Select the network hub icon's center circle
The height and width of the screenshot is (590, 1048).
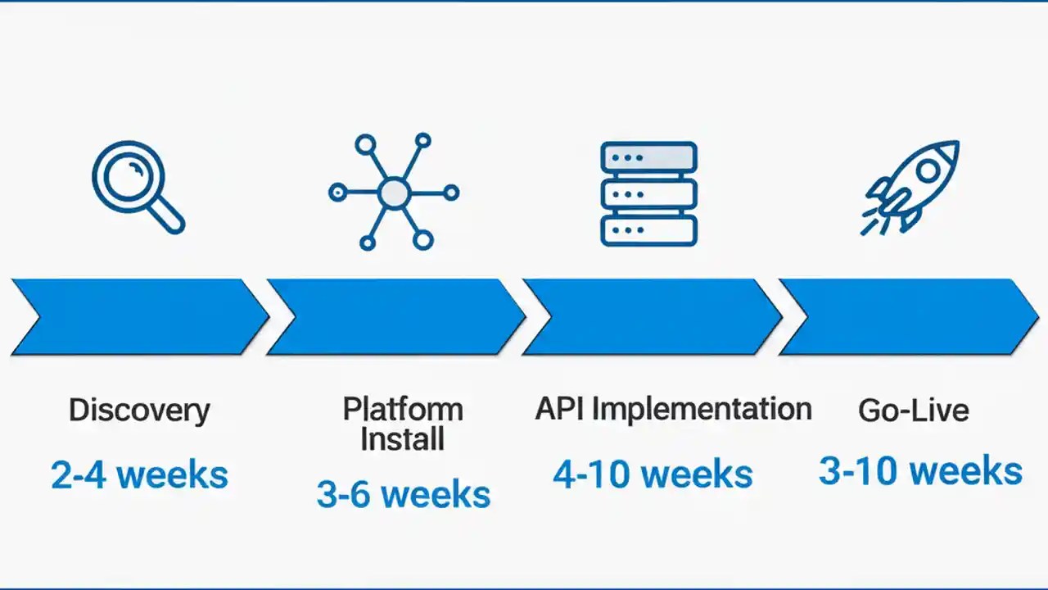(394, 193)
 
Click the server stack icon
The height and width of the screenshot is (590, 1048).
(648, 194)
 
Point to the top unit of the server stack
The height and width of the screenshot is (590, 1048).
(648, 157)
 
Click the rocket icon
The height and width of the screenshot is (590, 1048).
(911, 188)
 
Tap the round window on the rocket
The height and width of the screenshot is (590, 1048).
(928, 170)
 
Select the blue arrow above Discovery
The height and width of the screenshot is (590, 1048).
(139, 317)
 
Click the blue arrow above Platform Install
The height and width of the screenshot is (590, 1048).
(395, 317)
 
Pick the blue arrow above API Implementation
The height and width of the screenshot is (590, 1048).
(652, 317)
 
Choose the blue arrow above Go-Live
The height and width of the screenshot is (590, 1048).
(907, 317)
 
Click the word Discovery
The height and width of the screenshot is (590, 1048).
(139, 410)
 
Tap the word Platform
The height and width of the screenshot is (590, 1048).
(403, 408)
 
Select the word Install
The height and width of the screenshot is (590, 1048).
(403, 438)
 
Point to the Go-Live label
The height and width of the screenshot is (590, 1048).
(914, 410)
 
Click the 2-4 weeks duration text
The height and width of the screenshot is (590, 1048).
(139, 475)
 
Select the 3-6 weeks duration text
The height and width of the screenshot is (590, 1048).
(404, 495)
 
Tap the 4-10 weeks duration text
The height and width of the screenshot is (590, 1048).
(653, 475)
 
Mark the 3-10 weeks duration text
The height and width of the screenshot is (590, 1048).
(920, 471)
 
